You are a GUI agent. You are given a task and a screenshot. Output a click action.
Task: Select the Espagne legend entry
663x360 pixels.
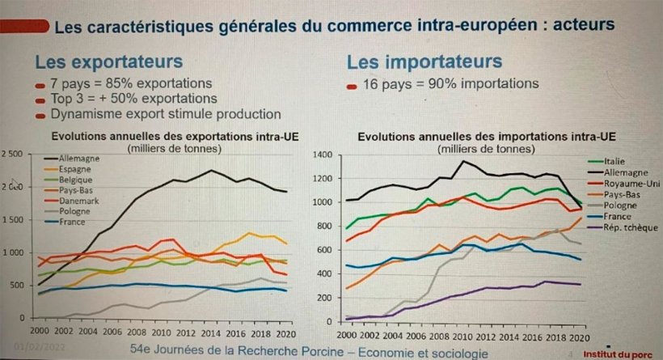[x=75, y=168]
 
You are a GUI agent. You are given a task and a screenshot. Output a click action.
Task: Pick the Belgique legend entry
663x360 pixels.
[x=77, y=179]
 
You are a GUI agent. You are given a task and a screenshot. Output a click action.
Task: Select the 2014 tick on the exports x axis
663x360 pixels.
[x=209, y=332]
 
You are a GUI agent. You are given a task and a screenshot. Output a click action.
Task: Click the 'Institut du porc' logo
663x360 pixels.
[x=623, y=353]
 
